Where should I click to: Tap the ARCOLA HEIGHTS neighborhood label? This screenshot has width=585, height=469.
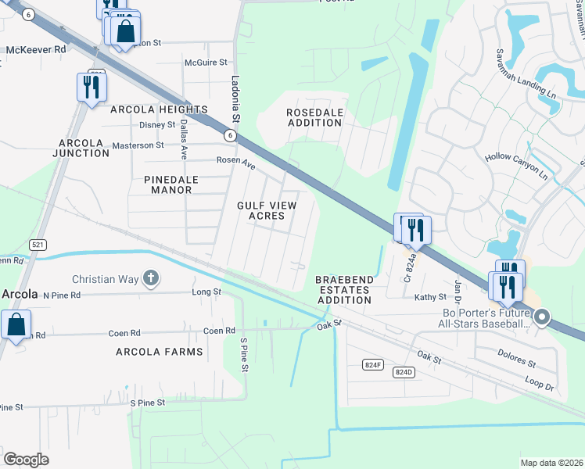tap(159, 109)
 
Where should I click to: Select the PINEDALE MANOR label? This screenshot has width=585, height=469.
tap(172, 184)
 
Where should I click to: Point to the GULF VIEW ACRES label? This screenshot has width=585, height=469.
tap(266, 210)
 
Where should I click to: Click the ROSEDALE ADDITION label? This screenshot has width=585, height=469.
tap(315, 117)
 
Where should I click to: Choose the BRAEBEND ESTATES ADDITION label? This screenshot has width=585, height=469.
tap(344, 289)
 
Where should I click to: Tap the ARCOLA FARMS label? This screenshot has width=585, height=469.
tap(159, 352)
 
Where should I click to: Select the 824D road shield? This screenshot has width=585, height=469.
tap(404, 372)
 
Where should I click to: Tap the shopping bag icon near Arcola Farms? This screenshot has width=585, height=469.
tap(16, 324)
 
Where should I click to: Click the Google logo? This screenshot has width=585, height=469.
tap(26, 459)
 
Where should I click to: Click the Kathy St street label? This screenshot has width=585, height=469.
tap(430, 297)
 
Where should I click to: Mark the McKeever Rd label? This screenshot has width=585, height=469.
tap(36, 50)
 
